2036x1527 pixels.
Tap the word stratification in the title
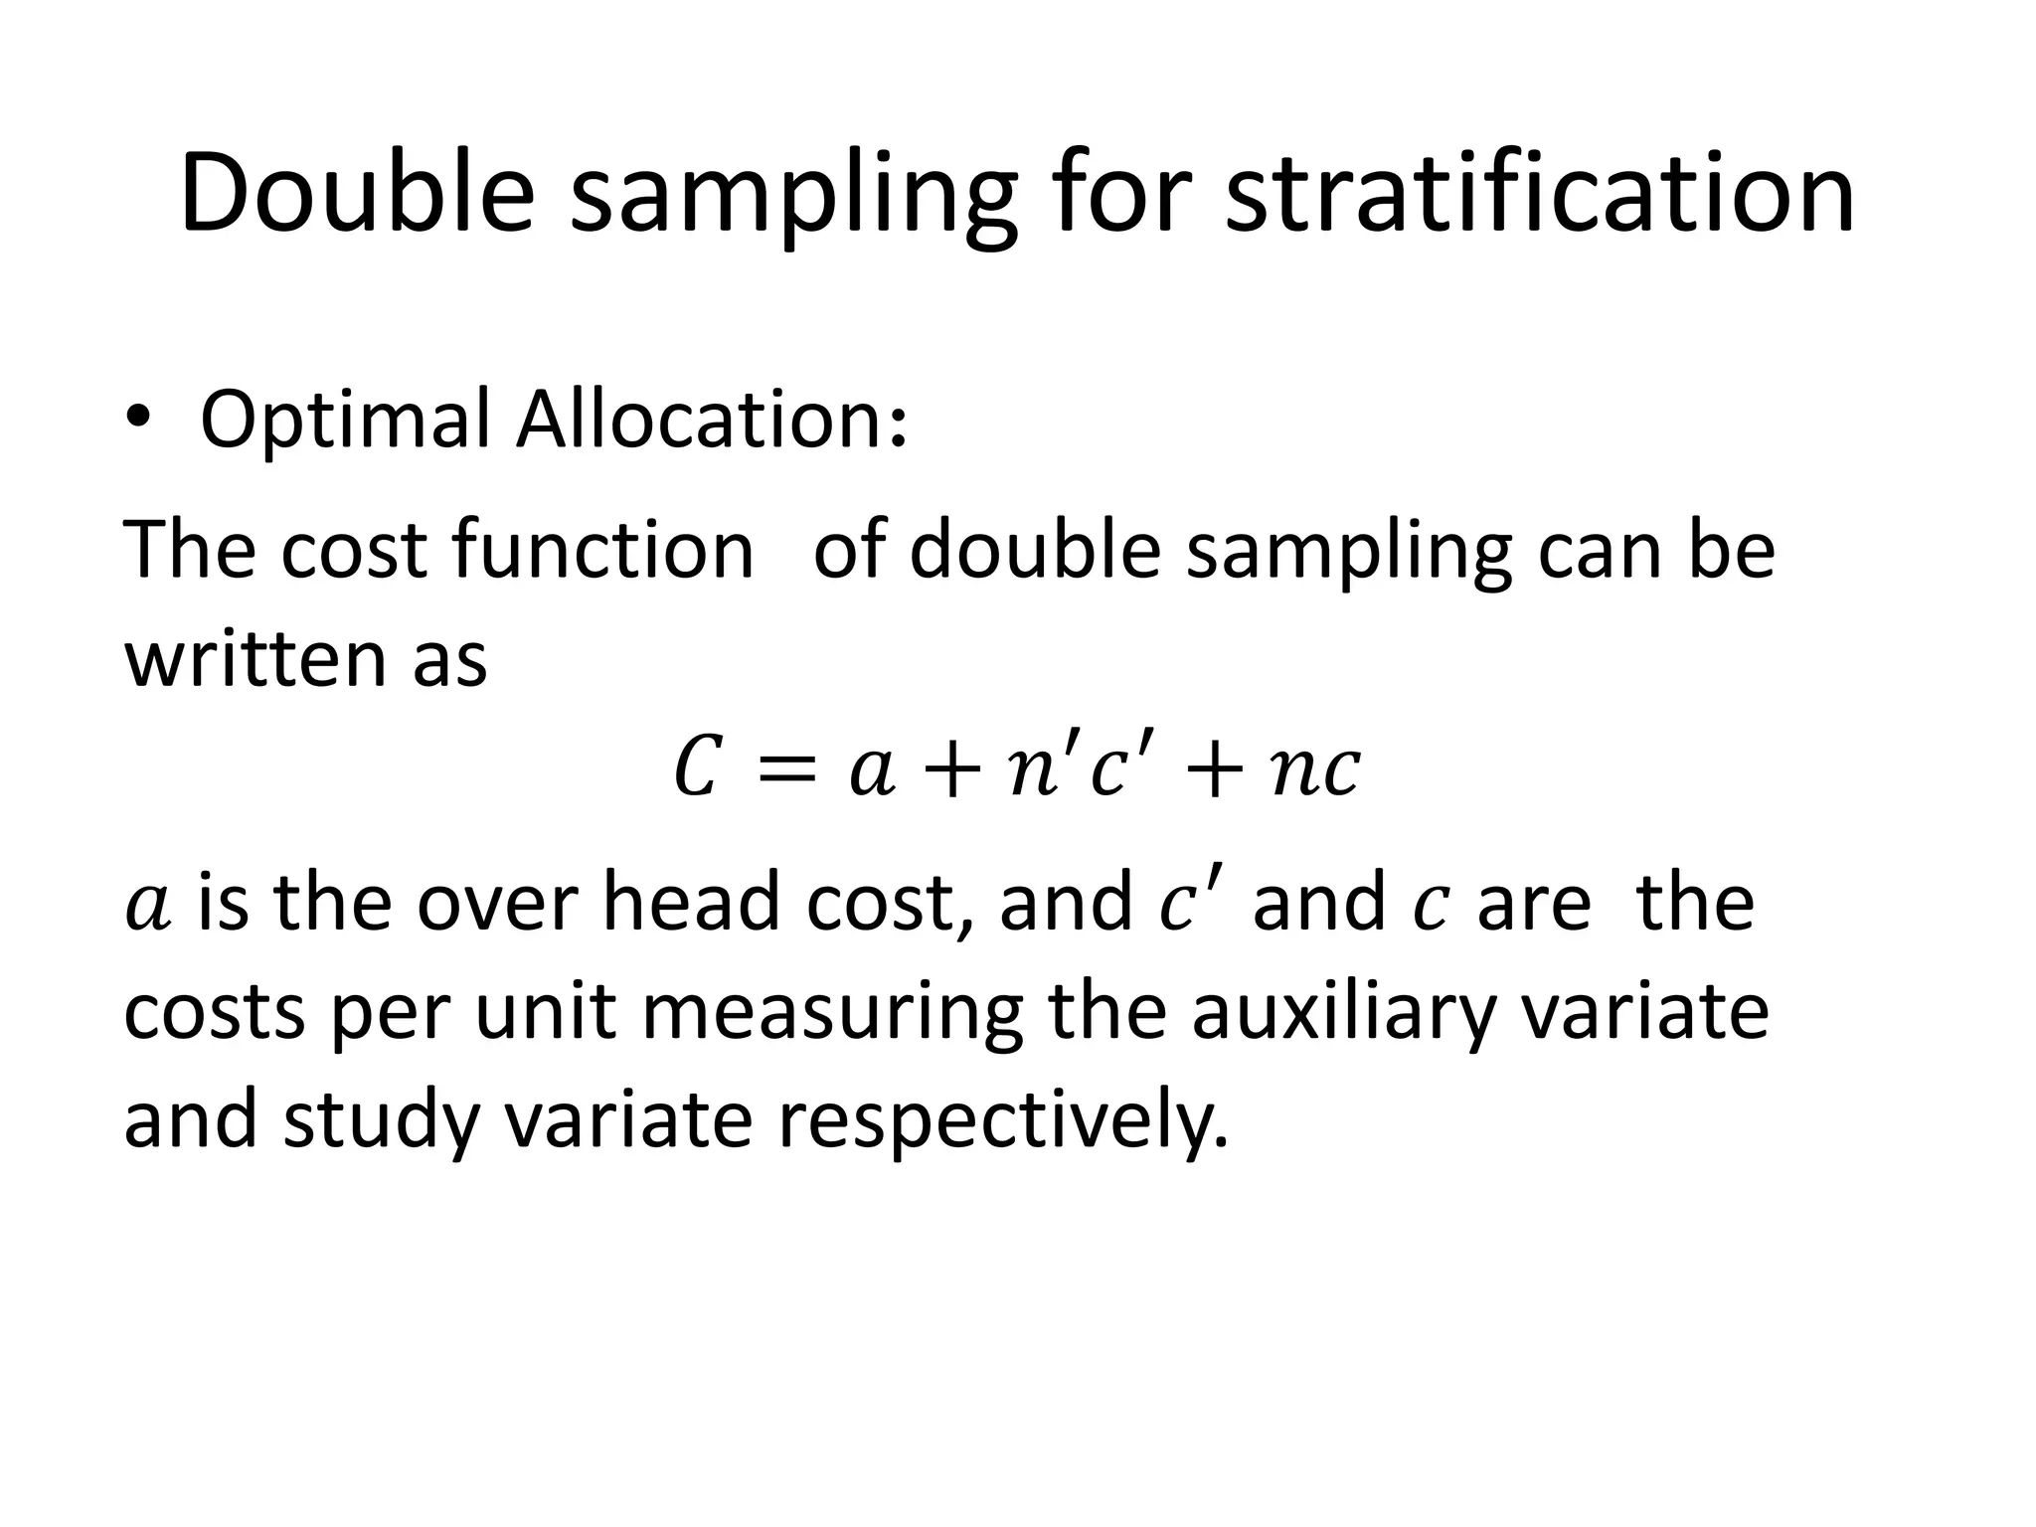[1539, 194]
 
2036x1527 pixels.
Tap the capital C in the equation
[696, 769]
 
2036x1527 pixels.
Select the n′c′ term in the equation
[1074, 769]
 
